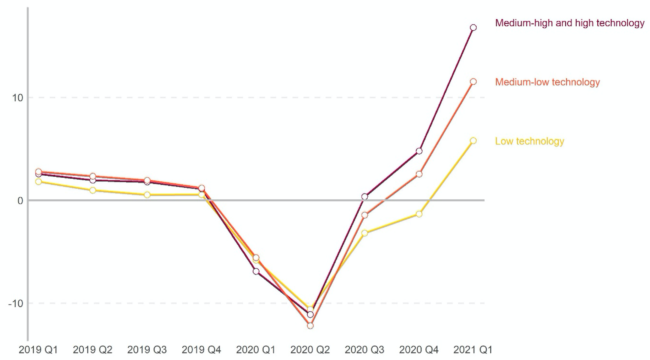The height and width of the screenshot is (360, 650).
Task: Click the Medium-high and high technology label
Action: click(570, 23)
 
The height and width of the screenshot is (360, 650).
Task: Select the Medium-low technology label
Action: click(547, 82)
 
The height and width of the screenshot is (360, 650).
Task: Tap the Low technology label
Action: click(529, 141)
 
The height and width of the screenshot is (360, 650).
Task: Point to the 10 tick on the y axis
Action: click(17, 98)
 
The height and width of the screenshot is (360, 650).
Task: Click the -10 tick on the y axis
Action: click(15, 304)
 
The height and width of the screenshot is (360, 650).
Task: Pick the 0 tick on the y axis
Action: click(20, 201)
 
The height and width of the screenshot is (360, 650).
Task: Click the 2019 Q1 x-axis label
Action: click(38, 350)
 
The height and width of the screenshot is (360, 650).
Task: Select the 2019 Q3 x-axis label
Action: click(147, 350)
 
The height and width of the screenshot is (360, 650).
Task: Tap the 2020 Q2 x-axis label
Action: click(310, 350)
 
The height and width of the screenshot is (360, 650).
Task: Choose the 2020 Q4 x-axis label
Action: click(419, 350)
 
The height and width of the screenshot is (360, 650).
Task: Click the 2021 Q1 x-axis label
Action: click(473, 350)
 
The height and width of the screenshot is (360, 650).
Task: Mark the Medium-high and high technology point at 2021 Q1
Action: click(473, 28)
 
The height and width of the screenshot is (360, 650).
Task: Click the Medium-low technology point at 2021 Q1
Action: click(473, 82)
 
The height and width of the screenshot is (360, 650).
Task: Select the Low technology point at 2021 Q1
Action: click(473, 141)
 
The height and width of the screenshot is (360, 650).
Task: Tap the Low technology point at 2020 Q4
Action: click(419, 214)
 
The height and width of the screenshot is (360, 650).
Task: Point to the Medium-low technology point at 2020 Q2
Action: click(310, 326)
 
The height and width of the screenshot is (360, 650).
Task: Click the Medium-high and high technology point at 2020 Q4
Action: click(419, 151)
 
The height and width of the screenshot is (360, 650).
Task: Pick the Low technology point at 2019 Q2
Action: click(92, 190)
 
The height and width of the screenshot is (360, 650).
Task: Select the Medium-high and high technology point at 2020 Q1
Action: click(256, 271)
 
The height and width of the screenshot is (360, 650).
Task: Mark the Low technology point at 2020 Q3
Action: click(364, 233)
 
